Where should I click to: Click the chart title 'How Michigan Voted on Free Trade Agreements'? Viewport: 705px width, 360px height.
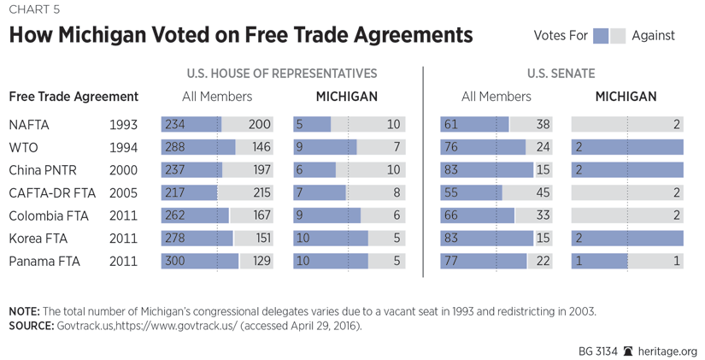240,36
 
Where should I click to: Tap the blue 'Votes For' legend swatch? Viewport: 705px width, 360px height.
600,36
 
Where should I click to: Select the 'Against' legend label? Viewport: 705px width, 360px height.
653,36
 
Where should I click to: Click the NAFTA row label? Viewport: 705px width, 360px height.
29,125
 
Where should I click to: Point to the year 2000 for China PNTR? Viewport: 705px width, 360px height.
123,170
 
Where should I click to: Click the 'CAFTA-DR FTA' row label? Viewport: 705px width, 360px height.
49,193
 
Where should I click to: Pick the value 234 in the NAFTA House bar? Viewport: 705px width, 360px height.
174,125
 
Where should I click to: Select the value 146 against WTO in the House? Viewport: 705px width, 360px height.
260,148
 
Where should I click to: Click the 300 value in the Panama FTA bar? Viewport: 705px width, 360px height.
175,261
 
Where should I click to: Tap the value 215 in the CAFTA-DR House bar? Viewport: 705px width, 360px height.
260,193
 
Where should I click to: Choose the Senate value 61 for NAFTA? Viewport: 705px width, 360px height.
450,125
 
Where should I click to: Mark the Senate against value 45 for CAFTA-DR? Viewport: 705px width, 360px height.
542,193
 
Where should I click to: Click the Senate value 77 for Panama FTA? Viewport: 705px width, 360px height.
450,261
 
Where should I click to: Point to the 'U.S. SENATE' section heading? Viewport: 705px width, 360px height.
561,74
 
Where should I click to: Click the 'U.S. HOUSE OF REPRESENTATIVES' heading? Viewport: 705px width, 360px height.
281,74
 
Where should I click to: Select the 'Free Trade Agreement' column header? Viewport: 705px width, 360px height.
73,97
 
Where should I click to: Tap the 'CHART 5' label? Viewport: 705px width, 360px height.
34,9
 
